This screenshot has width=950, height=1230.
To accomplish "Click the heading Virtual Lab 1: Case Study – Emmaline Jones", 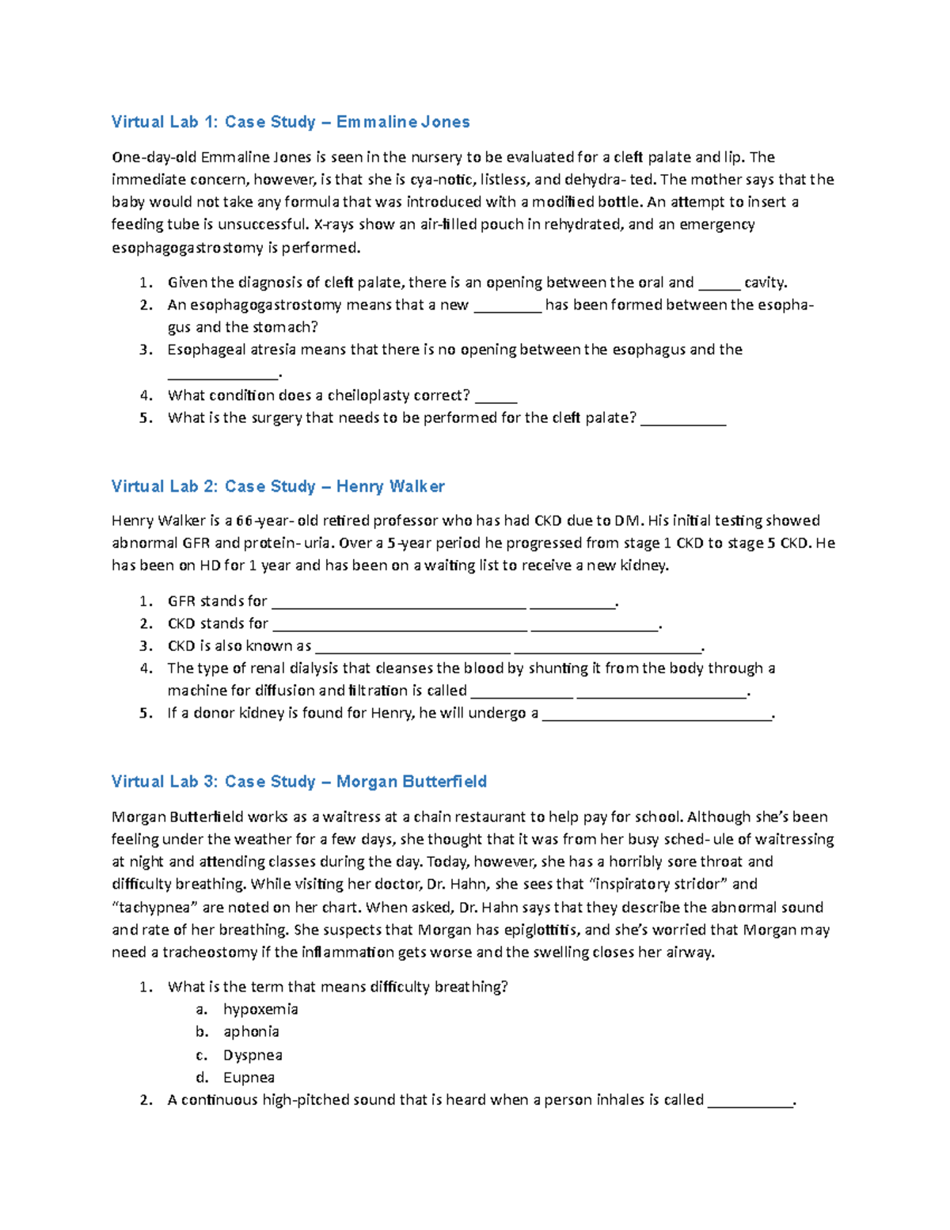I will point(290,122).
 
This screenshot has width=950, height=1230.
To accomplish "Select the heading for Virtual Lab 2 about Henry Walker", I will point(277,486).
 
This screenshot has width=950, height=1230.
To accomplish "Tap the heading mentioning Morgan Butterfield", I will point(298,782).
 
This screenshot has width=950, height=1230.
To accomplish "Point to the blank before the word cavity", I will point(719,284).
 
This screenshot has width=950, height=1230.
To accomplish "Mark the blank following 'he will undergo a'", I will point(656,714).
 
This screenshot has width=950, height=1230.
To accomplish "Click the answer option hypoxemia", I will point(260,1010).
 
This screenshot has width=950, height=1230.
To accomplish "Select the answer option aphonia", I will point(251,1032).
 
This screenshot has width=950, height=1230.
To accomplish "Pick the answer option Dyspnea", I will point(253,1055).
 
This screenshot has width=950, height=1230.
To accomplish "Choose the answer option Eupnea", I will point(249,1078).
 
